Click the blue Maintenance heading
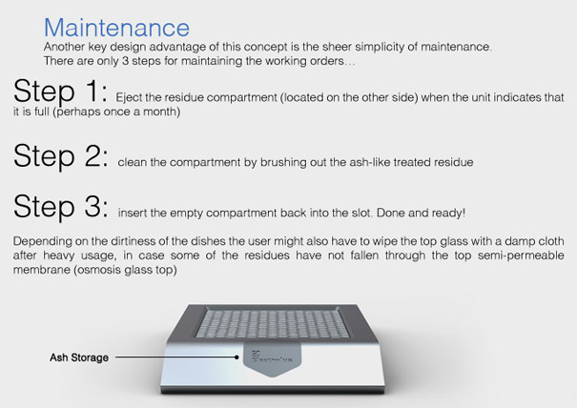coord(116,28)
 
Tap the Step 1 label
coord(61,91)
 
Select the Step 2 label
coord(61,155)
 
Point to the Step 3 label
coord(61,206)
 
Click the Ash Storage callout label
coord(79,357)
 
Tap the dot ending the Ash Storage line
coord(237,357)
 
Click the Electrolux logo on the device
coord(272,357)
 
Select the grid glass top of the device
coord(273,324)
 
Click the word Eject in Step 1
coord(129,97)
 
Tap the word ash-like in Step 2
coord(369,162)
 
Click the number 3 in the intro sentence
coord(125,61)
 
